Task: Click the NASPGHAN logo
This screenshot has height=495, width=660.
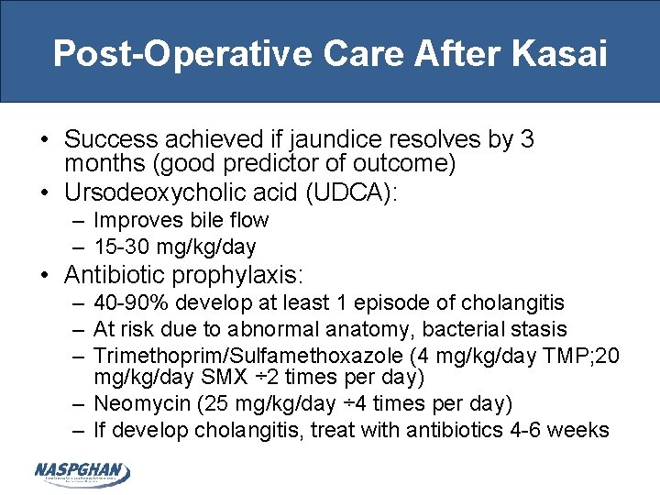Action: tap(82, 472)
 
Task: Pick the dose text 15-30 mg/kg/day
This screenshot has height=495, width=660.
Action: tap(175, 247)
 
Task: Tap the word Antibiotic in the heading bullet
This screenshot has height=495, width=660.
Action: tap(115, 274)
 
